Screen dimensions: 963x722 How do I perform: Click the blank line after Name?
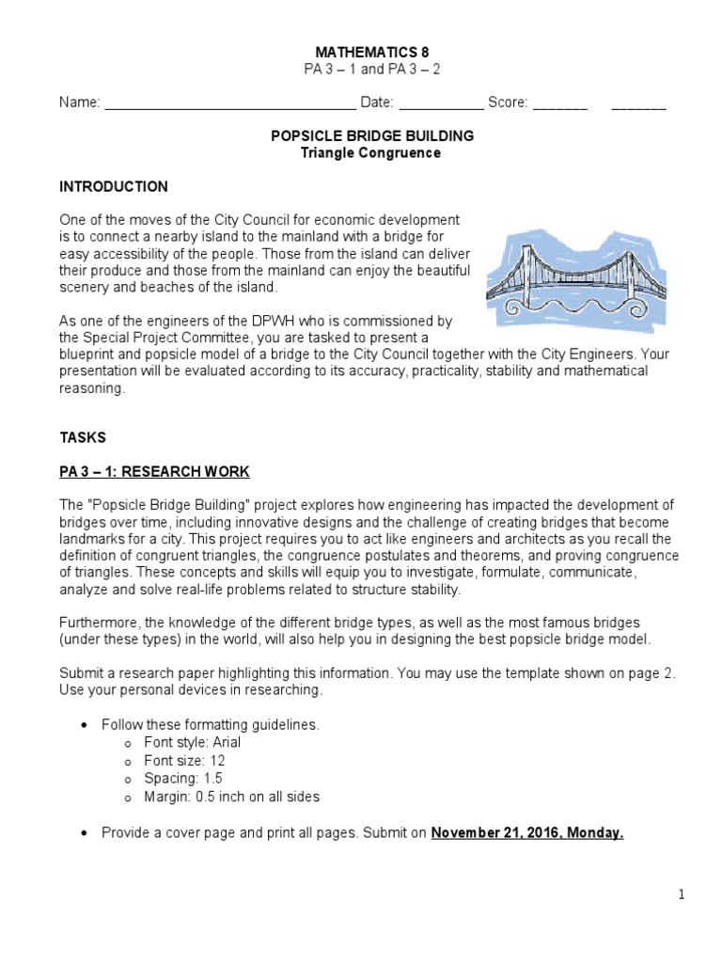point(229,104)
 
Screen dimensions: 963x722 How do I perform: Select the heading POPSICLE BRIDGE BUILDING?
point(372,136)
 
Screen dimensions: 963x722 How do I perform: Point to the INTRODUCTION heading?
point(114,186)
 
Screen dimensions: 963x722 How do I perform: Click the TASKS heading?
point(84,437)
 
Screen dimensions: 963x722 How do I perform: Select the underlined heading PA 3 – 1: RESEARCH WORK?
point(155,471)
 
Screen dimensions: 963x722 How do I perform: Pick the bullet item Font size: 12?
point(184,761)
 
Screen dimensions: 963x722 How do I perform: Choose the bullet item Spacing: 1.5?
point(183,779)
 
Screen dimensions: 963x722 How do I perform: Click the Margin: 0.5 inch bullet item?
point(231,797)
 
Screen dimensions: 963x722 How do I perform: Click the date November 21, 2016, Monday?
point(527,833)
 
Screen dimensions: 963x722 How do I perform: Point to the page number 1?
point(682,896)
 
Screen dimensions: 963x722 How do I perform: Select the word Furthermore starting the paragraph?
point(99,624)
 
